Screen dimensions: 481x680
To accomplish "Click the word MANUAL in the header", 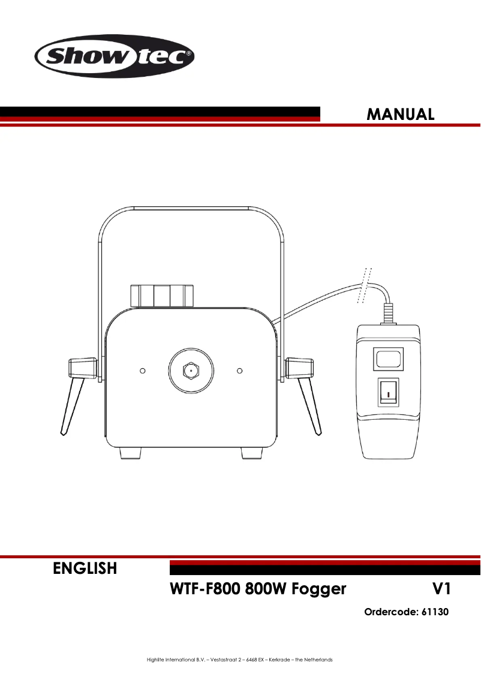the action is (x=401, y=114).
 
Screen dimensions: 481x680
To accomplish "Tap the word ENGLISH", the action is (x=85, y=568).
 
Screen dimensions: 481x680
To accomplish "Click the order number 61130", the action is (x=434, y=612).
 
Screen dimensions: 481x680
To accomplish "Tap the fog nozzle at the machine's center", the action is (x=191, y=371).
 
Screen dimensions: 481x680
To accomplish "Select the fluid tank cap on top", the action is (x=162, y=296).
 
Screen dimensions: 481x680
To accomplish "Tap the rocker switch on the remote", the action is (x=389, y=393).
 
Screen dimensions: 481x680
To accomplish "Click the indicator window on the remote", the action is (x=389, y=359).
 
